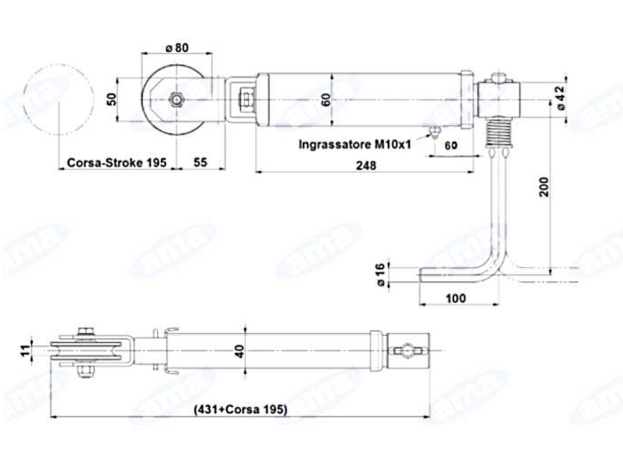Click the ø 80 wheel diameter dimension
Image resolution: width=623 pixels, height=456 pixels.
178,48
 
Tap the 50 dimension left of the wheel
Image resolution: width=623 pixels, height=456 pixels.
112,99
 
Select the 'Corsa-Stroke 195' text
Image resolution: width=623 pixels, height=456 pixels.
117,163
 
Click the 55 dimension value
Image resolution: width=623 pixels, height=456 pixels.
200,162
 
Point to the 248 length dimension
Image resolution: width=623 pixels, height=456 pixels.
366,165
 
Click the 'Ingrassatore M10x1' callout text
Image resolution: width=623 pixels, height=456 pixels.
355,144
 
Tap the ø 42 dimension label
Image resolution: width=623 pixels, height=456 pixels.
559,98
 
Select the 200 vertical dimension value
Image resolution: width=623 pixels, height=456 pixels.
544,187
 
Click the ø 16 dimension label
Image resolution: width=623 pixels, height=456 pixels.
380,275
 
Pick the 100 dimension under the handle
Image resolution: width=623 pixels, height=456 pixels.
456,298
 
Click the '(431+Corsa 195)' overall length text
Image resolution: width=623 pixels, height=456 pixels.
240,409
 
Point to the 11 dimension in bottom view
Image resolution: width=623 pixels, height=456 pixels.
25,351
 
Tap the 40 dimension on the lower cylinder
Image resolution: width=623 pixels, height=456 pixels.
240,351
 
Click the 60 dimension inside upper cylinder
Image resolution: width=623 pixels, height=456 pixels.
326,99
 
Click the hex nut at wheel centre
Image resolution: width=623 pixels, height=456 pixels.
176,99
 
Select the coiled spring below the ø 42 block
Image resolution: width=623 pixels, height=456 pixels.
500,133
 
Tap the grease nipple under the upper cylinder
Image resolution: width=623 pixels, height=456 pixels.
435,132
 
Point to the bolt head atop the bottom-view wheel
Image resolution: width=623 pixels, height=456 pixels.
86,331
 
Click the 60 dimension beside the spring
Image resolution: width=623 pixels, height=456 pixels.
451,145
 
